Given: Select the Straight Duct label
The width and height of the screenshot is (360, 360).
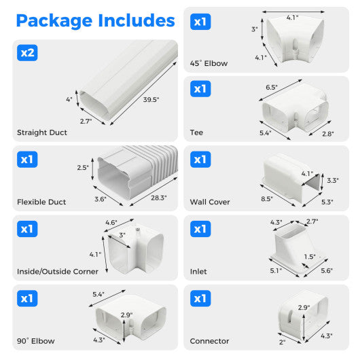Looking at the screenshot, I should [x=42, y=132].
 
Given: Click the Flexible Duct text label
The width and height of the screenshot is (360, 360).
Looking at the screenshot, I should [x=42, y=202].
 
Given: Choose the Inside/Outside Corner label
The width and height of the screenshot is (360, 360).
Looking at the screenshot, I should [x=58, y=271].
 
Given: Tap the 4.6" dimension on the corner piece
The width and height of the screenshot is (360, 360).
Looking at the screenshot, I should [x=111, y=222].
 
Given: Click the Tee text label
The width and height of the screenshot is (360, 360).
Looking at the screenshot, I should [x=197, y=132].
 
